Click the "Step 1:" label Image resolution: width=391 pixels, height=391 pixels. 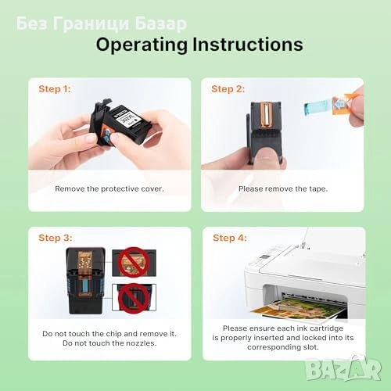coord(55,89)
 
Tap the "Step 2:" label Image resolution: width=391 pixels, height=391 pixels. coord(228,89)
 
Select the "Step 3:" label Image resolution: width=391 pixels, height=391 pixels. coord(56,238)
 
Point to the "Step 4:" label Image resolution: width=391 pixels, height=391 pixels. coord(230,238)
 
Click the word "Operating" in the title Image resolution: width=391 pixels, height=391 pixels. coord(142,45)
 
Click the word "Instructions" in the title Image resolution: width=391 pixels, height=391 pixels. coord(248,45)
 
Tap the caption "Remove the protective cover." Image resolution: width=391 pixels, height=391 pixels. coord(109,188)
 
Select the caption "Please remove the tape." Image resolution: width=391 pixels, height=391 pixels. coord(283,188)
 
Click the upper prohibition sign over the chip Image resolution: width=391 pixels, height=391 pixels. coord(134,262)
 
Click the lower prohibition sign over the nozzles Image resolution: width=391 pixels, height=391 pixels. coord(134,299)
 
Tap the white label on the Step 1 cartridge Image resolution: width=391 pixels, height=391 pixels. coord(128,118)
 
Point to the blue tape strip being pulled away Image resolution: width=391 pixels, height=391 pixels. coord(317,107)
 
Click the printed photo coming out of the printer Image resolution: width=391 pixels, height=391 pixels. coord(298,309)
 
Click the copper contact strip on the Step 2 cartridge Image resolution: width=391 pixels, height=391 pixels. coord(267,115)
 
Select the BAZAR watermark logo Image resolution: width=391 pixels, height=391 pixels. coord(343,368)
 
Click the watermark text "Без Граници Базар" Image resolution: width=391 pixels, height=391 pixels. coord(102,23)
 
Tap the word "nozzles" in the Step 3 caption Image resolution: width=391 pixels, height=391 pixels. coord(141,343)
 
